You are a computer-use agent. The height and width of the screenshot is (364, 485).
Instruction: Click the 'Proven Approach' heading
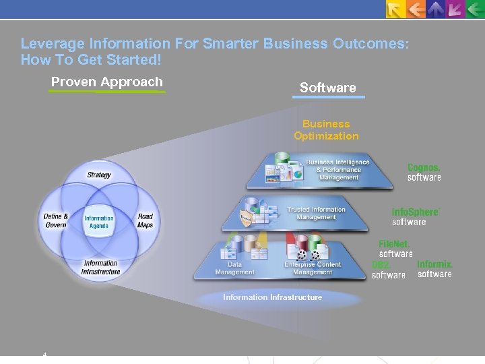point(107,82)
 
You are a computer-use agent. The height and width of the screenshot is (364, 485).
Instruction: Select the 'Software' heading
point(327,88)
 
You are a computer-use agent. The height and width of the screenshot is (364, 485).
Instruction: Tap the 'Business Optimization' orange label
point(326,130)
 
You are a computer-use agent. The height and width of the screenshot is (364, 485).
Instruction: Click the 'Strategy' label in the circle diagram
point(99,175)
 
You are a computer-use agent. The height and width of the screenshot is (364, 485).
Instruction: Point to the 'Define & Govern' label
point(56,221)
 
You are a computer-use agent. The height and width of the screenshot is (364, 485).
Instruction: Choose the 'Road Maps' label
point(145,221)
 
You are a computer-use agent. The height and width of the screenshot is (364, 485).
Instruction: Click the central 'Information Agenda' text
point(99,222)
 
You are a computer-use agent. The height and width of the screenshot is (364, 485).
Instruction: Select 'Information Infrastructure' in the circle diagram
point(100,268)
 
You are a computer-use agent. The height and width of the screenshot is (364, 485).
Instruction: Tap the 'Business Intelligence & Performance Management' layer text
point(338,170)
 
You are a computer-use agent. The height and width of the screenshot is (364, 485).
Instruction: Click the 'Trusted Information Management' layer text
point(316,214)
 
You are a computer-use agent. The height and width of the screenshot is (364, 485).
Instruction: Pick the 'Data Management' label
point(234,269)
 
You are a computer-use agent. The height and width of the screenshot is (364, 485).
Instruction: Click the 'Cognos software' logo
point(424,173)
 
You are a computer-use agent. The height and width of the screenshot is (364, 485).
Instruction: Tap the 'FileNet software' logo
point(395,249)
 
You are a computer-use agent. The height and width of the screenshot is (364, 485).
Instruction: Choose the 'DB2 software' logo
point(388,270)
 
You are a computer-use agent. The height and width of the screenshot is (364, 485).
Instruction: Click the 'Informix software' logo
point(434,269)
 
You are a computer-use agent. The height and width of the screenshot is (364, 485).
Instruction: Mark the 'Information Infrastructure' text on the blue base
point(273,297)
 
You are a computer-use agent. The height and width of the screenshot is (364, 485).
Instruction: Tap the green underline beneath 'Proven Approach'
point(107,92)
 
